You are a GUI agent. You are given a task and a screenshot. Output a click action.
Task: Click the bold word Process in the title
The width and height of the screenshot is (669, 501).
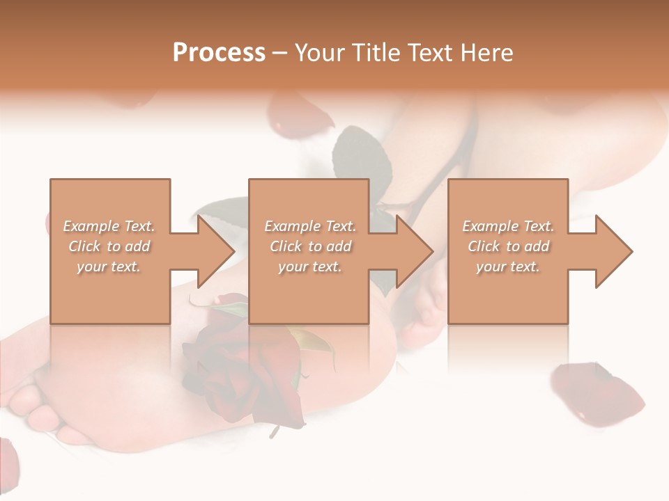pyautogui.click(x=219, y=53)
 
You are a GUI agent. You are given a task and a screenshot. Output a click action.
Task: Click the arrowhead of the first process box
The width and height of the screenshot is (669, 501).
pyautogui.click(x=216, y=251)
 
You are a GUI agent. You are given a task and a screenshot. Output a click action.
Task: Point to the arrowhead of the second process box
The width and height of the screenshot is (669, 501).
pyautogui.click(x=415, y=251)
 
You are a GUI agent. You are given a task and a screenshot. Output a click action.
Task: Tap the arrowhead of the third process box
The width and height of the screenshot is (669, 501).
pyautogui.click(x=614, y=251)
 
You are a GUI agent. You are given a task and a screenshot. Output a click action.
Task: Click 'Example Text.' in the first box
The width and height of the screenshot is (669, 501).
pyautogui.click(x=109, y=226)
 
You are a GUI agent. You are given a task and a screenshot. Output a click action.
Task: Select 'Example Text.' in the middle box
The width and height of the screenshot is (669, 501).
pyautogui.click(x=310, y=226)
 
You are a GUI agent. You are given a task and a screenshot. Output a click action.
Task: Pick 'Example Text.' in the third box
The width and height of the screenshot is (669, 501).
pyautogui.click(x=508, y=226)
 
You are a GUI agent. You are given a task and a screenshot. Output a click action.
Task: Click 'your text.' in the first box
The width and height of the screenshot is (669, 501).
pyautogui.click(x=109, y=267)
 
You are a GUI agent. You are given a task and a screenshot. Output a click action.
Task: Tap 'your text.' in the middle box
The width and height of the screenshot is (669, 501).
pyautogui.click(x=310, y=267)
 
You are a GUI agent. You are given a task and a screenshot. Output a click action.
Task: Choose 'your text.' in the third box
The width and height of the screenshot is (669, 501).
pyautogui.click(x=508, y=267)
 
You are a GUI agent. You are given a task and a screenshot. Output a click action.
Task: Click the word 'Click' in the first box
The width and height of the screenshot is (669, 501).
pyautogui.click(x=84, y=246)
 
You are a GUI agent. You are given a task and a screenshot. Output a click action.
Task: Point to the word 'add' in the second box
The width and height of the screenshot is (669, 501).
pyautogui.click(x=338, y=246)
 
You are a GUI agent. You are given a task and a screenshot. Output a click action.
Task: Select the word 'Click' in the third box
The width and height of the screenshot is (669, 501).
pyautogui.click(x=484, y=246)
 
